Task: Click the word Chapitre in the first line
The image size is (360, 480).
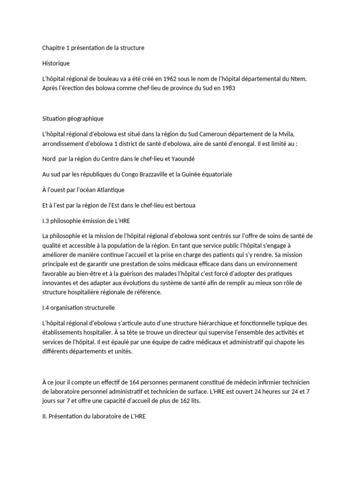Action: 51,48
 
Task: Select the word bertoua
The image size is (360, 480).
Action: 193,206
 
